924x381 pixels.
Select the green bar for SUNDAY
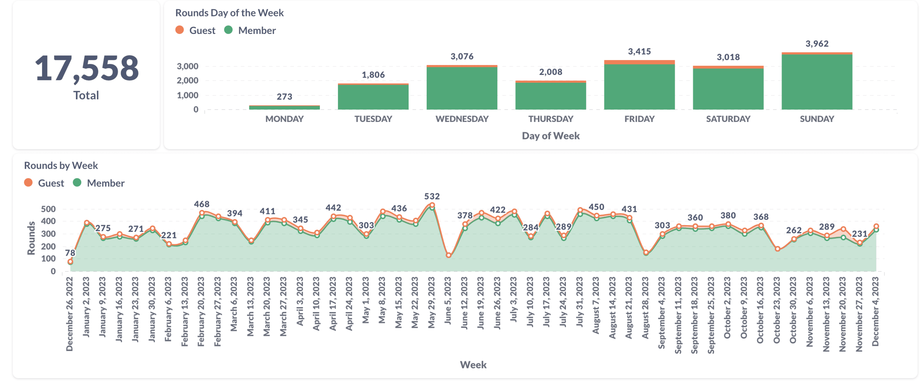click(817, 82)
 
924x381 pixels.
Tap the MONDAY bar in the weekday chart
click(284, 107)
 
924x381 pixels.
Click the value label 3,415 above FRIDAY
click(639, 51)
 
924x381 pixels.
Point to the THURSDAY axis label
click(551, 119)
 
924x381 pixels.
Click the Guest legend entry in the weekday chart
click(195, 30)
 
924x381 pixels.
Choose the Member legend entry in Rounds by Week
click(99, 183)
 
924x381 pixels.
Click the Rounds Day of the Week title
click(229, 13)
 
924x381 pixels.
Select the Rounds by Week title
click(61, 165)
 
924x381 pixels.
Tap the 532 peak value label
click(432, 196)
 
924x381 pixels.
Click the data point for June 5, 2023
click(448, 255)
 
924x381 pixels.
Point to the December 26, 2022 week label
click(69, 314)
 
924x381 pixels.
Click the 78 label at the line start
click(70, 253)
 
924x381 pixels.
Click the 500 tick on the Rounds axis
click(48, 209)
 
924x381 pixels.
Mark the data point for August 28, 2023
click(646, 253)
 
